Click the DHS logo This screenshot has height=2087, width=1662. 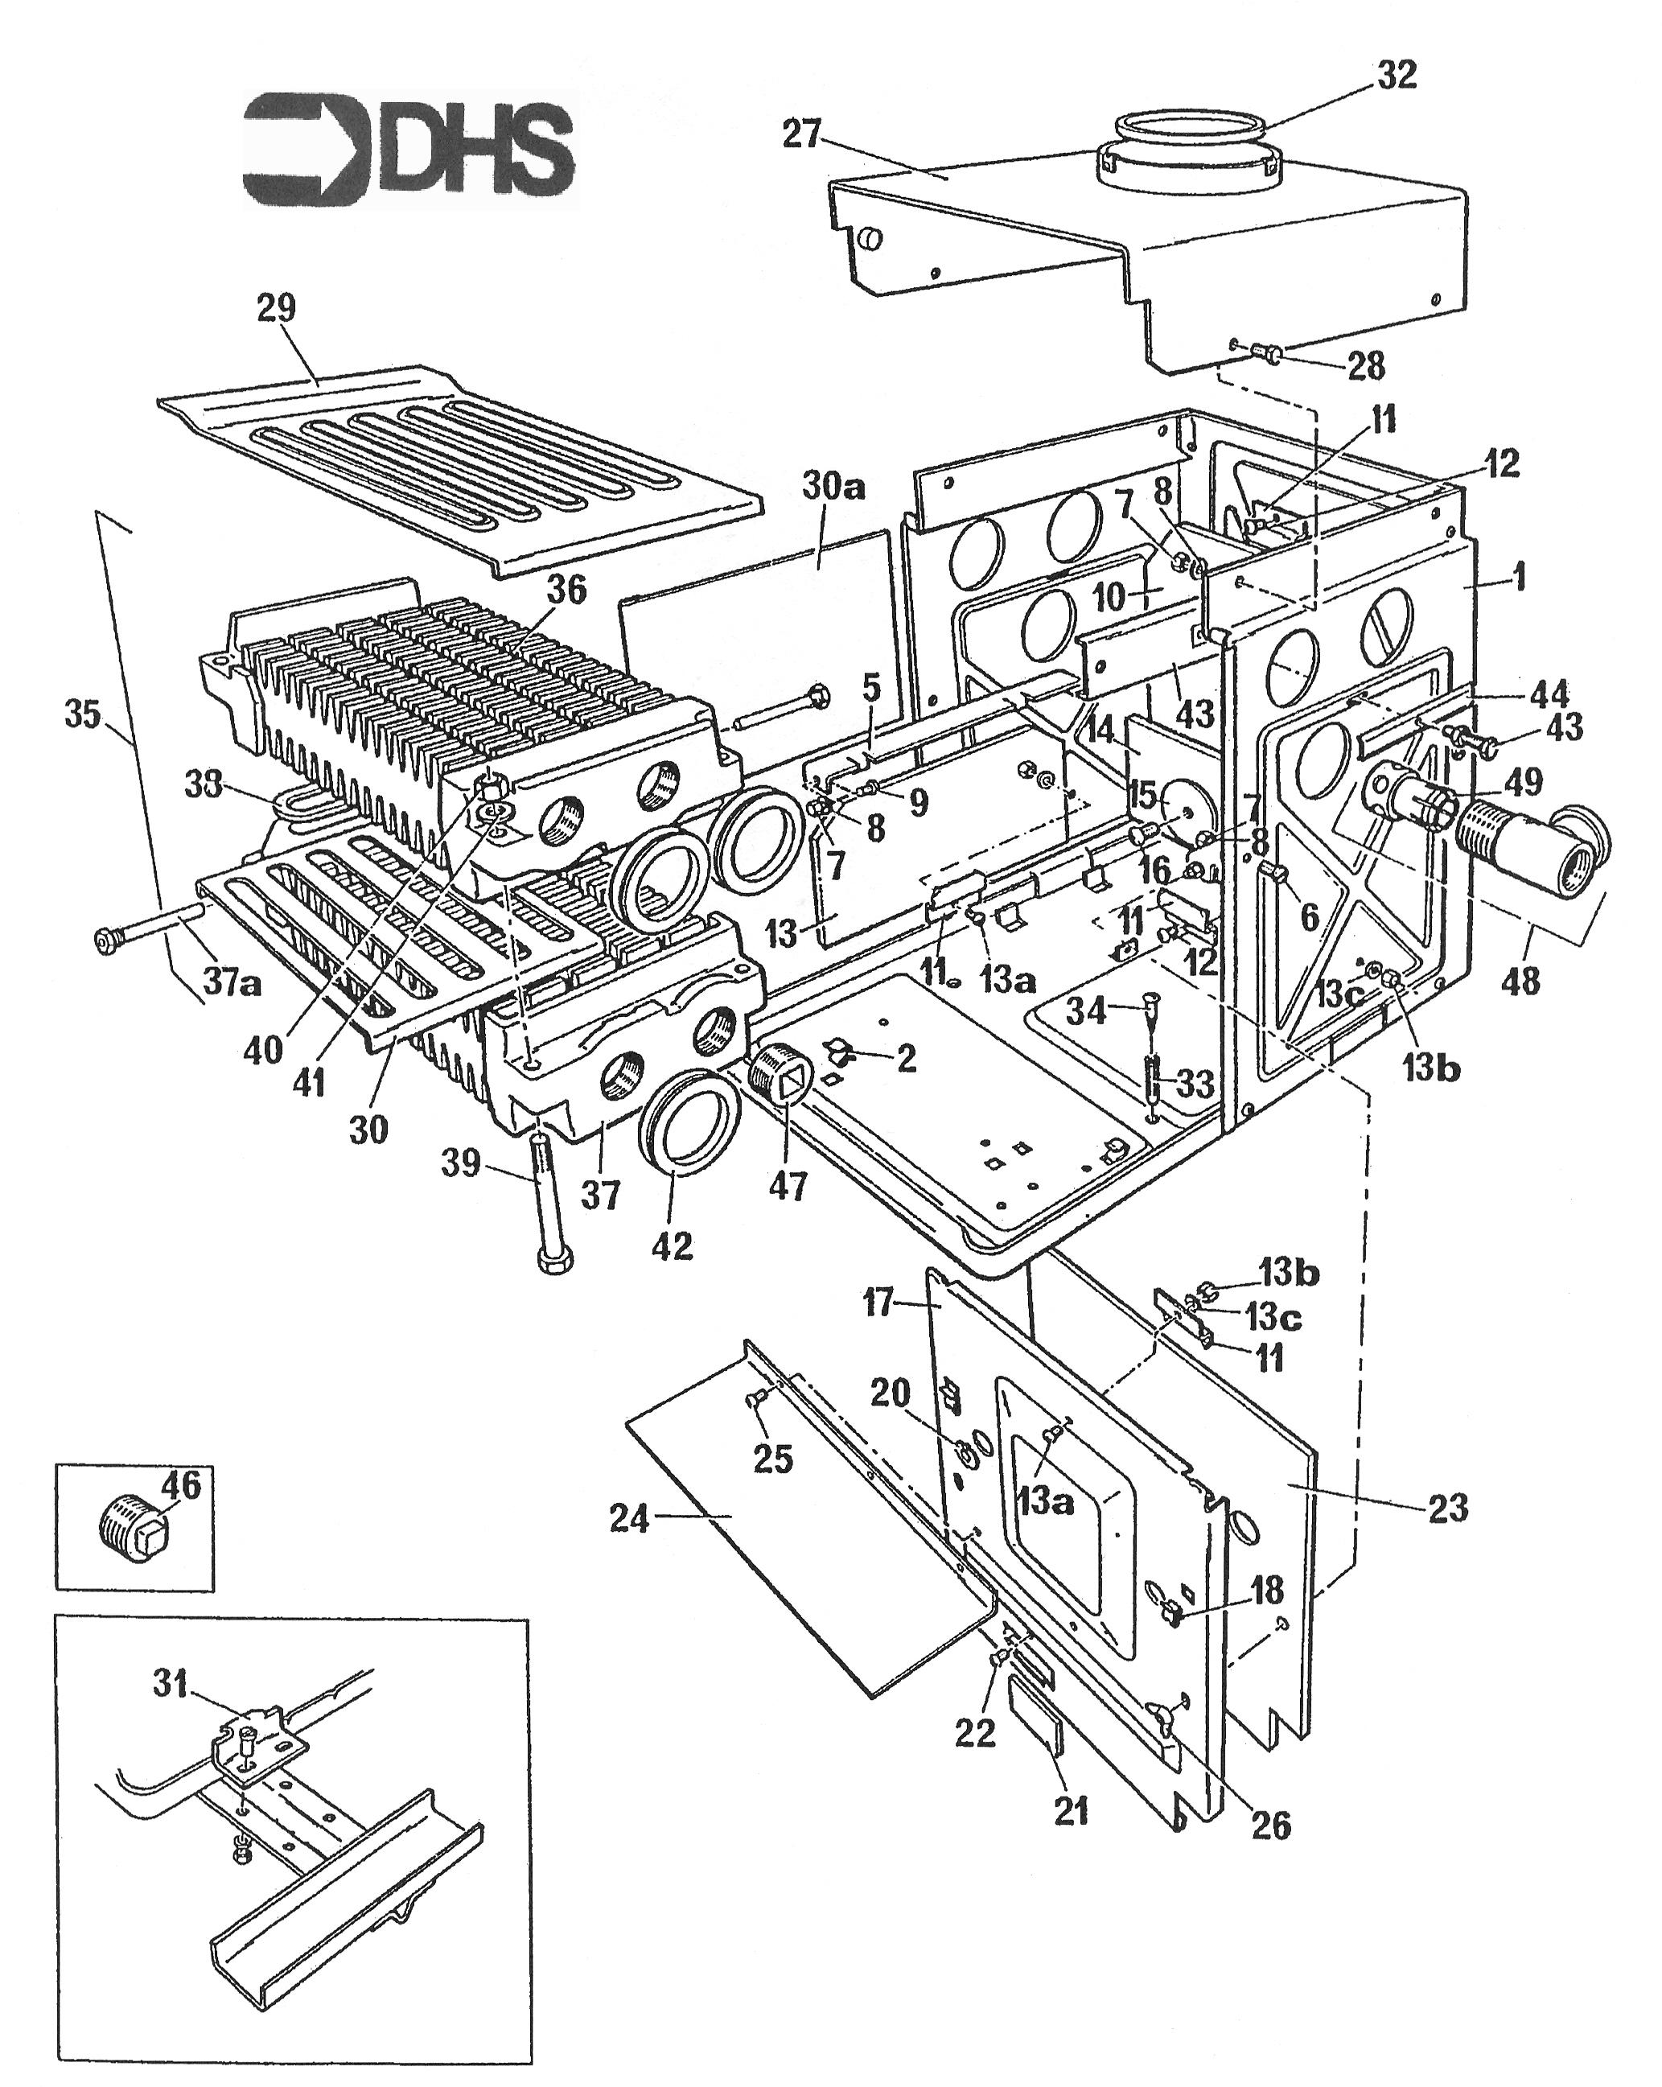pyautogui.click(x=409, y=150)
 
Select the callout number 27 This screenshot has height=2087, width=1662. pyautogui.click(x=801, y=134)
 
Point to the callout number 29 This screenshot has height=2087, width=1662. pyautogui.click(x=276, y=309)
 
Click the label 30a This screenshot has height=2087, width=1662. pyautogui.click(x=832, y=486)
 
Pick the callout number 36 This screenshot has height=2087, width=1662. pyautogui.click(x=566, y=590)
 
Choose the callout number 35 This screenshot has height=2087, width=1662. pyautogui.click(x=82, y=714)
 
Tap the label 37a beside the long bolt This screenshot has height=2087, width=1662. pyautogui.click(x=232, y=982)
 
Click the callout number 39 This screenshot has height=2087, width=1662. pyautogui.click(x=461, y=1163)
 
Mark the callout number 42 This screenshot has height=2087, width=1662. pyautogui.click(x=672, y=1245)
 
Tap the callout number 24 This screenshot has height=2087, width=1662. pyautogui.click(x=629, y=1519)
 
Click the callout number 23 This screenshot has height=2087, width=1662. pyautogui.click(x=1447, y=1509)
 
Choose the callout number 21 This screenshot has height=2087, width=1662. pyautogui.click(x=1071, y=1809)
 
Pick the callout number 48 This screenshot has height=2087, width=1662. pyautogui.click(x=1520, y=982)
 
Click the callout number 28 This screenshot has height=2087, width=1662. pyautogui.click(x=1365, y=366)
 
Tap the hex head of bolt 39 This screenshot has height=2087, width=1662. pyautogui.click(x=553, y=1262)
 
